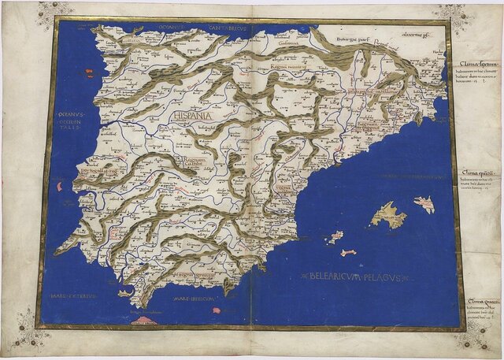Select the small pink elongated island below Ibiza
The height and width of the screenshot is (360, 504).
pyautogui.click(x=347, y=252)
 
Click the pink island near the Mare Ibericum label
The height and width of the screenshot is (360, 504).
pyautogui.click(x=216, y=310)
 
